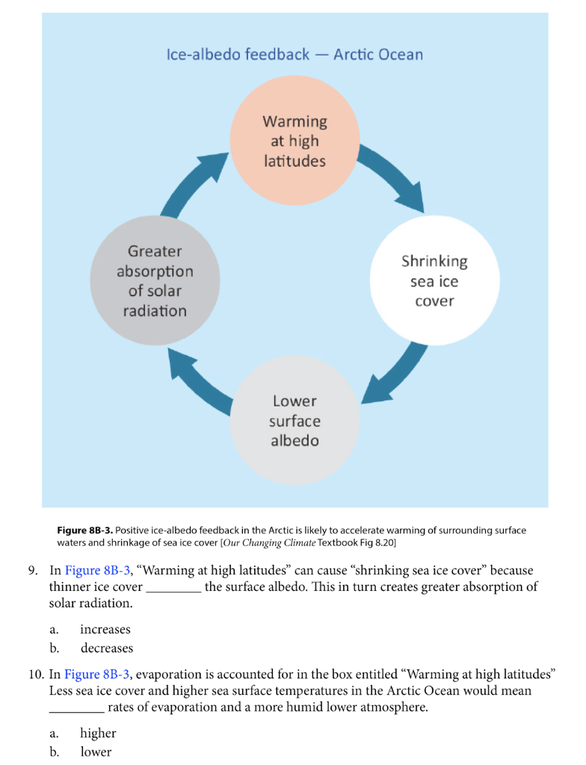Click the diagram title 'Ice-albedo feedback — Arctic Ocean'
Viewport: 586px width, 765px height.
coord(294,55)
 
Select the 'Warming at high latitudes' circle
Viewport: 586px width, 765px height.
coord(294,141)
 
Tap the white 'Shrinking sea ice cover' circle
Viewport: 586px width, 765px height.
coord(434,282)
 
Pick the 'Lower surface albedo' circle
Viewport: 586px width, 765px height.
coord(294,421)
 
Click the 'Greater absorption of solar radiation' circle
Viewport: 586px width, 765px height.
coord(155,282)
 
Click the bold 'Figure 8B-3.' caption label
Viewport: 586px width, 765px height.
coord(85,530)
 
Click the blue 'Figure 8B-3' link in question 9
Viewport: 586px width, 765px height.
coord(98,571)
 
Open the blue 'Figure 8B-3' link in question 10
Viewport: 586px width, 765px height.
coord(98,675)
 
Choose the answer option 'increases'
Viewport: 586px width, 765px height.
coord(105,630)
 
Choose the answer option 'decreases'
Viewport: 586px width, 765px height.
coord(107,648)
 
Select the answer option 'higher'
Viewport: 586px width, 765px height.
coord(98,734)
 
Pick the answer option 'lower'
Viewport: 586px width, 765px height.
coord(96,752)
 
